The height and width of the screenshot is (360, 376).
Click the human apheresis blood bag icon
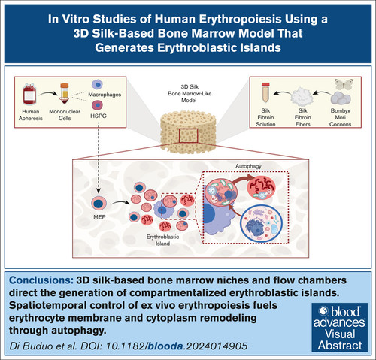30,94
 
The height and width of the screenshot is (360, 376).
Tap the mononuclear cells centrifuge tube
65,93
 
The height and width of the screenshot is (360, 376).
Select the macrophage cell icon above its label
96,85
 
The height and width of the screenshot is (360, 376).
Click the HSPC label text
99,116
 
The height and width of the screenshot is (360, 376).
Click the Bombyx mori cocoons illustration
341,98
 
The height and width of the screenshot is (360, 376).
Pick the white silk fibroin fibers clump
302,96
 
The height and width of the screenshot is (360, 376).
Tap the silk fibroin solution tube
265,92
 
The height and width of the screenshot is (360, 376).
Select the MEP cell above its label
99,203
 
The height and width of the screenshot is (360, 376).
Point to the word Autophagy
248,166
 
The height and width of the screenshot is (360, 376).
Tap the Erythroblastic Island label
162,240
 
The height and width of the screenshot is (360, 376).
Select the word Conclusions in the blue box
41,280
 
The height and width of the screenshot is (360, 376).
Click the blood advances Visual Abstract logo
339,328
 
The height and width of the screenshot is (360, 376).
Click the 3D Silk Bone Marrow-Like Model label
190,93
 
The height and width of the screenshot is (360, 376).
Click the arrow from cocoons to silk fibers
321,93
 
